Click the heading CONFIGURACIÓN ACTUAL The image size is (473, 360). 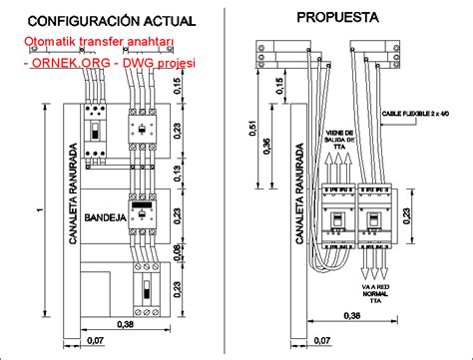pos(100,19)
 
